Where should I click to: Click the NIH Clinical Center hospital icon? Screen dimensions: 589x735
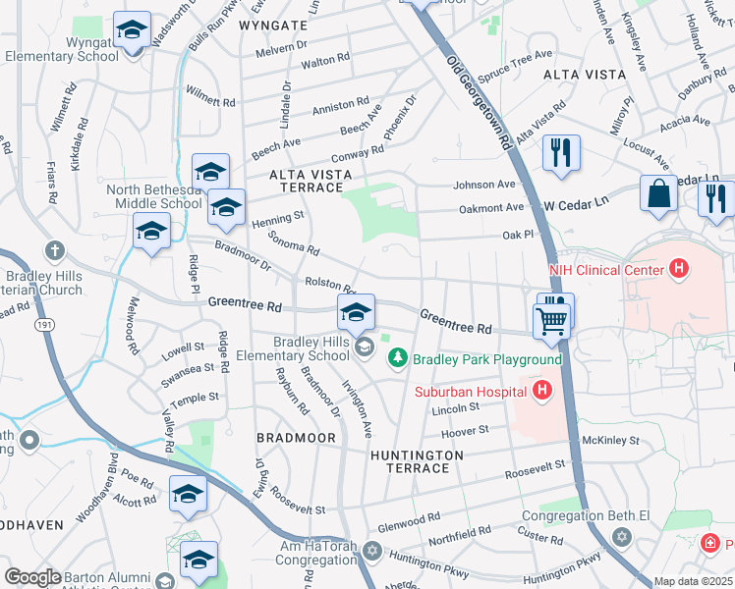click(677, 268)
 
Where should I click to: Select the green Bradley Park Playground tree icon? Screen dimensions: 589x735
click(398, 358)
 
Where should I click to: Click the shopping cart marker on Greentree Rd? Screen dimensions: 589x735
click(551, 319)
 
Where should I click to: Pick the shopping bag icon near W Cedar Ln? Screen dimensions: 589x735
click(657, 192)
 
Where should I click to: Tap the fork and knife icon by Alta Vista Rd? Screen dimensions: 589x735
click(561, 152)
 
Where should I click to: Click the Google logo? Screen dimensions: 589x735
click(32, 577)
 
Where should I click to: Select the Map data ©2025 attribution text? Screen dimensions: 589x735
click(693, 581)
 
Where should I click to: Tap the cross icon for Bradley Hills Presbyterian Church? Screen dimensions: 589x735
click(54, 250)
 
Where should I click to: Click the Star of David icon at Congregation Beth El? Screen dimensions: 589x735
click(620, 537)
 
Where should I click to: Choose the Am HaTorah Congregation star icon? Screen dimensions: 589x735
click(370, 550)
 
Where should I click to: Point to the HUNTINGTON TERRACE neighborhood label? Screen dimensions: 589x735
click(417, 462)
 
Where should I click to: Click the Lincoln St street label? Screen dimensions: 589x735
click(454, 406)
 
